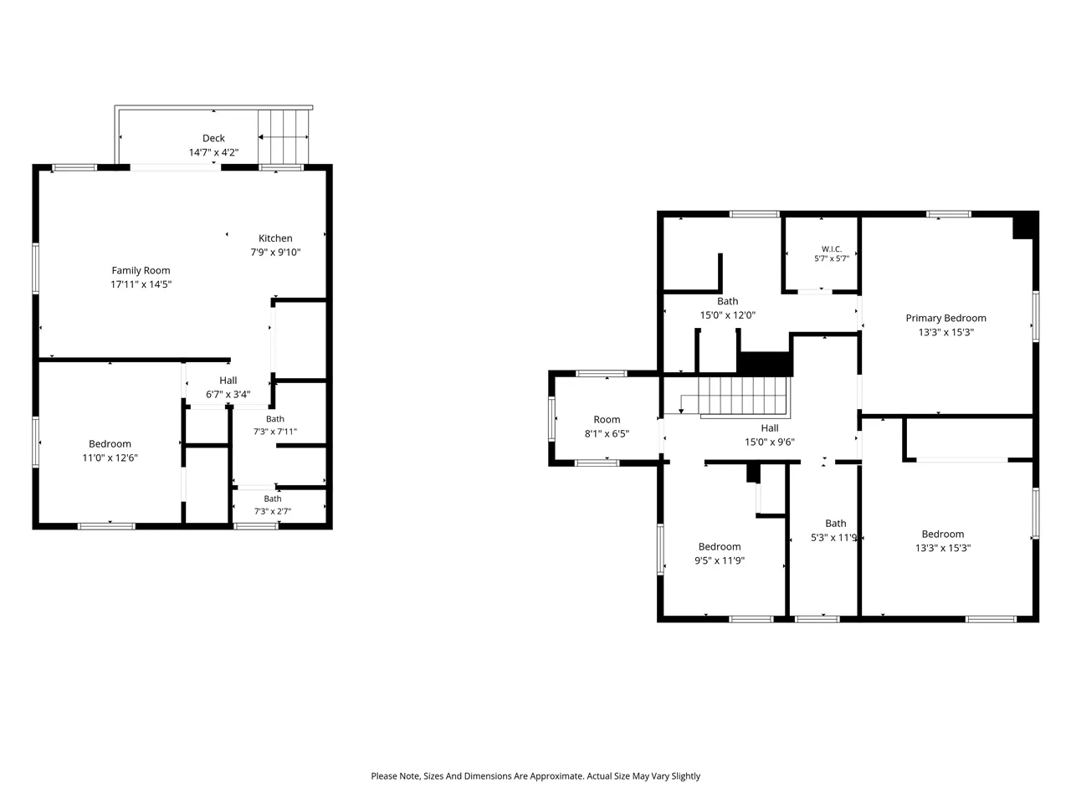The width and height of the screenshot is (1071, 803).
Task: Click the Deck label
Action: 213,138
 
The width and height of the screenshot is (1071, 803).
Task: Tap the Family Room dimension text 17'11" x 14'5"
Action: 141,284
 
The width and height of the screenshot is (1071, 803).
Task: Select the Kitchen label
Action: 275,238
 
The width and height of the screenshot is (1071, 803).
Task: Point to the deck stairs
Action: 283,137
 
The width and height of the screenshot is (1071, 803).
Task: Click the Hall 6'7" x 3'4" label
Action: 228,387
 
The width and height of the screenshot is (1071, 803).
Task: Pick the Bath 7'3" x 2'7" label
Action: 272,504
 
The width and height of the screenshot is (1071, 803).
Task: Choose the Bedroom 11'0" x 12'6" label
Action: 110,451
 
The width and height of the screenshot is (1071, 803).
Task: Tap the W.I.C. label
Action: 831,249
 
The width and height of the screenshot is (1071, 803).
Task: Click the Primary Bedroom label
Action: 945,319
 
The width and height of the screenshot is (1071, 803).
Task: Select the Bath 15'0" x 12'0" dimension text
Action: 727,315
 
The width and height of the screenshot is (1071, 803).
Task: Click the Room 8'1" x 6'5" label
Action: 607,427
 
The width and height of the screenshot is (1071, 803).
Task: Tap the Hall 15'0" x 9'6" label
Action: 770,435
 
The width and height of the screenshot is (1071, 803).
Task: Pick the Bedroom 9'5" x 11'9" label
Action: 720,554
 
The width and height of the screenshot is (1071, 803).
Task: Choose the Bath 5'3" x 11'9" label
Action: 834,530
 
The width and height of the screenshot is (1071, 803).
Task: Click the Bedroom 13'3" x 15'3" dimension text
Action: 943,548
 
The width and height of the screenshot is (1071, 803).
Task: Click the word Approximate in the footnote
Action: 556,775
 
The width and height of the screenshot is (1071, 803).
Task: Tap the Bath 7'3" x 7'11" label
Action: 274,425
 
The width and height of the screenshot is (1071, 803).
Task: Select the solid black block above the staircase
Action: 764,364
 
